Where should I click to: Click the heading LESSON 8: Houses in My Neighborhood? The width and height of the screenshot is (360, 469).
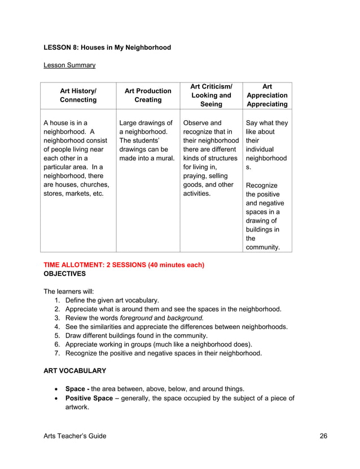(x=107, y=47)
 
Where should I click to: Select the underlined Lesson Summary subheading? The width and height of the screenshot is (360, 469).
(x=69, y=65)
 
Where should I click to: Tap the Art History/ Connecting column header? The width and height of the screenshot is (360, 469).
(x=78, y=95)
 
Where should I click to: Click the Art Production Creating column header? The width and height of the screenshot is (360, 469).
(x=148, y=95)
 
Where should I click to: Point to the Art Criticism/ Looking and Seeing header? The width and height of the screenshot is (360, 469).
(x=211, y=95)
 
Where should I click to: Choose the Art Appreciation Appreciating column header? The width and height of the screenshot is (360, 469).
(x=267, y=95)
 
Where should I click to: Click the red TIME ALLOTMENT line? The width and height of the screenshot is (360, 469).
(x=124, y=265)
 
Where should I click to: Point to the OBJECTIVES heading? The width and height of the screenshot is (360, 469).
(x=64, y=273)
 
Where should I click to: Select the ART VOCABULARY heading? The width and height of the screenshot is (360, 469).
(x=74, y=371)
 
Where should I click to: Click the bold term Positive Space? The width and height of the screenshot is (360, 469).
(x=89, y=398)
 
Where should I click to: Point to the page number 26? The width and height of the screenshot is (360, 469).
(x=323, y=436)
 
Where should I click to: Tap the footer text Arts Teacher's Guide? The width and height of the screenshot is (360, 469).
(x=74, y=436)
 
